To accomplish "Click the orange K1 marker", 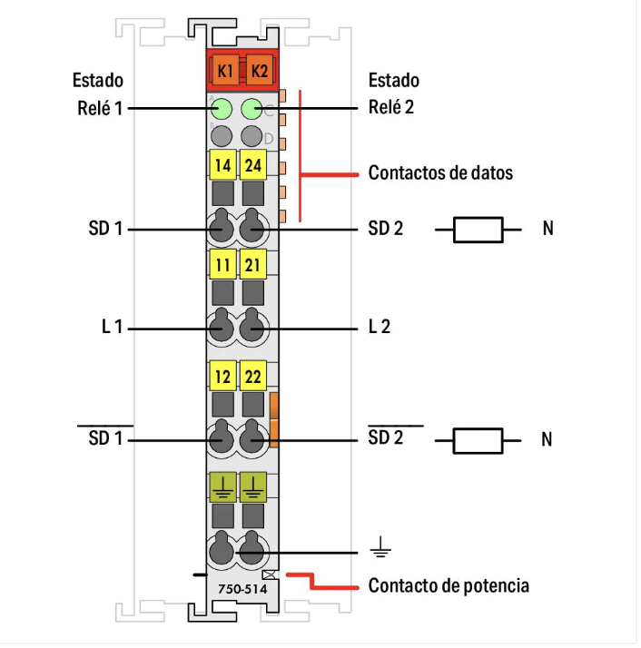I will pos(223,70).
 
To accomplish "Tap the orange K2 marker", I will pos(259,70).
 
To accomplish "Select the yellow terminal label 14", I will pos(222,166).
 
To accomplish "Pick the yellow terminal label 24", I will pos(253,166).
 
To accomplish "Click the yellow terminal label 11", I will pos(222,266).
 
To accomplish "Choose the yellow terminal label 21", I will pos(253,266).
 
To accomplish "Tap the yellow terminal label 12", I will pos(222,375).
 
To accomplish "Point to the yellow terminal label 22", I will pos(253,375).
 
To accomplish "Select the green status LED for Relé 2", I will pos(252,111).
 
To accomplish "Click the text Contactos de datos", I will pos(440,172).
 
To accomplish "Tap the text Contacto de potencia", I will pos(449,585).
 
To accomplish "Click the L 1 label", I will pos(112,327).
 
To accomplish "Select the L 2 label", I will pos(380,327).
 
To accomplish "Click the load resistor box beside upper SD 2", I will pos(478,230).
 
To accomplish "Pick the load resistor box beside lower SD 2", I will pos(478,441).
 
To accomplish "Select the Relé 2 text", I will pos(391,108).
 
